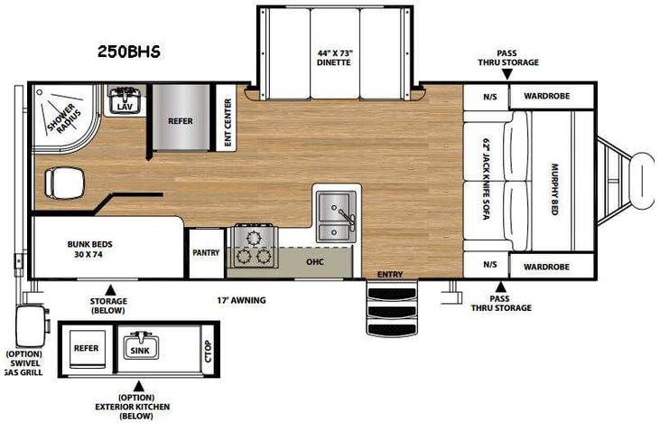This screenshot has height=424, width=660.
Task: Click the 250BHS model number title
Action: (129, 52)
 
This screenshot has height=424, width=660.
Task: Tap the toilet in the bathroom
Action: (61, 184)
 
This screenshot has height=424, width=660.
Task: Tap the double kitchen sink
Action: (337, 215)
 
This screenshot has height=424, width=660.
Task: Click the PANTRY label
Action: (206, 252)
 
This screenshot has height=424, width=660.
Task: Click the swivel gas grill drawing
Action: (29, 323)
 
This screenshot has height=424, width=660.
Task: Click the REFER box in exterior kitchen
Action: (87, 347)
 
